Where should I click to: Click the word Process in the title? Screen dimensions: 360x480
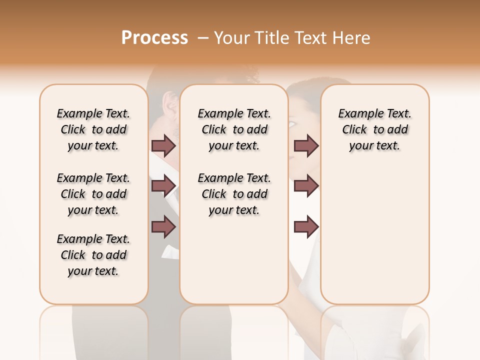154,38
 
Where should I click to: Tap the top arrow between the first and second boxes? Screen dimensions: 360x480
163,145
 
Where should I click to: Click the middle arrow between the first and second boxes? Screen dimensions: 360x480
163,186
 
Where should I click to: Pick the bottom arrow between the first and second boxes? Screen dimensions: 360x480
163,227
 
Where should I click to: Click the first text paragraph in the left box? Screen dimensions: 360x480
93,129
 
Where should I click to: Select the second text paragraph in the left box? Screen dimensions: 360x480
93,194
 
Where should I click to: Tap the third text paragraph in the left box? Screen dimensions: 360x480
93,255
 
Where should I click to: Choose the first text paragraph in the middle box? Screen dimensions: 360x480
234,129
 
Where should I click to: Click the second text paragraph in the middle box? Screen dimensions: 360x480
234,194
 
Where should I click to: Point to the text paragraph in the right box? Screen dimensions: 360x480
374,129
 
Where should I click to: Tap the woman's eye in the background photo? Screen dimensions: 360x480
292,122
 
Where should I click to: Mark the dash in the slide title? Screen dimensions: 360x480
203,38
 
